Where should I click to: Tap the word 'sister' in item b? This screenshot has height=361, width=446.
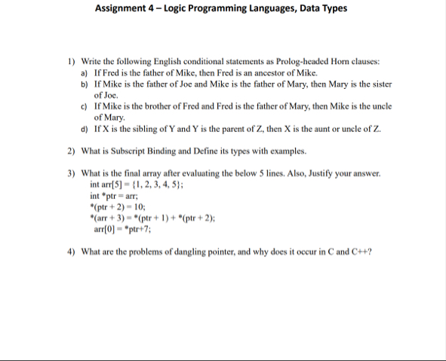point(362,85)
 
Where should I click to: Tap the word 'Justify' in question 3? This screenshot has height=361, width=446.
point(315,173)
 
